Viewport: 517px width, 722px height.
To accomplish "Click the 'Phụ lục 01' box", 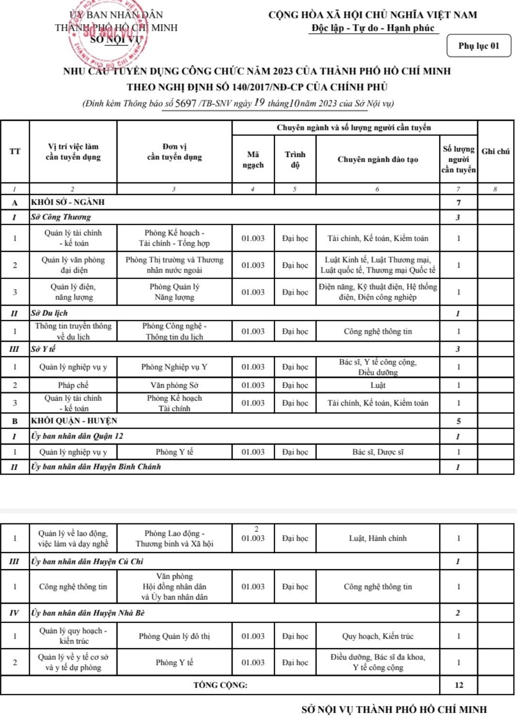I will tap(478, 46).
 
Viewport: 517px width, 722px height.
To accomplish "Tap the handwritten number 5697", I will tap(185, 103).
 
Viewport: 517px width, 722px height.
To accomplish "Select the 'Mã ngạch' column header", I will tap(253, 160).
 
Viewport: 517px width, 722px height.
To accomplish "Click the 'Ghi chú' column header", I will tap(495, 151).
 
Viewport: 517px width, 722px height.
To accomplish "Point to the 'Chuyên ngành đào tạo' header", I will tap(377, 160).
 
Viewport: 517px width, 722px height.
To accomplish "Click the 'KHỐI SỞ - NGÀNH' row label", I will tap(68, 202).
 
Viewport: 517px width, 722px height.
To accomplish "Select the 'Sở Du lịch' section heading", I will tap(50, 313).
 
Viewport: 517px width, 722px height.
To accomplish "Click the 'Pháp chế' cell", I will tap(73, 385).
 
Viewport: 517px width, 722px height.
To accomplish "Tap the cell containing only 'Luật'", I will tap(377, 385).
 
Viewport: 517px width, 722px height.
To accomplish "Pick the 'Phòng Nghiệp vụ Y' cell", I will tap(174, 367).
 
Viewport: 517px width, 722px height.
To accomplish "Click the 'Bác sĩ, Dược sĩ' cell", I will tap(377, 452).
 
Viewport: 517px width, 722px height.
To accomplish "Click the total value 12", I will tap(459, 685).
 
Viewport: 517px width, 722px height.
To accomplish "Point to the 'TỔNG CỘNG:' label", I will tap(220, 685).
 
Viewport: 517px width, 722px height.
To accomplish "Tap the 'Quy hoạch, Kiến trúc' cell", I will tap(377, 636).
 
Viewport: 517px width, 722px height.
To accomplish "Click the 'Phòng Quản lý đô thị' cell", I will tap(174, 636).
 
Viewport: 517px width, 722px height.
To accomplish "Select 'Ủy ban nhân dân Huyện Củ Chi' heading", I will tap(87, 561).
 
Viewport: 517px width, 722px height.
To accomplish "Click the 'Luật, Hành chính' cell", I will tap(377, 538).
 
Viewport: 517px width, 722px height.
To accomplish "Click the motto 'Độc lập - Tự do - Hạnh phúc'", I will tap(373, 28).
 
